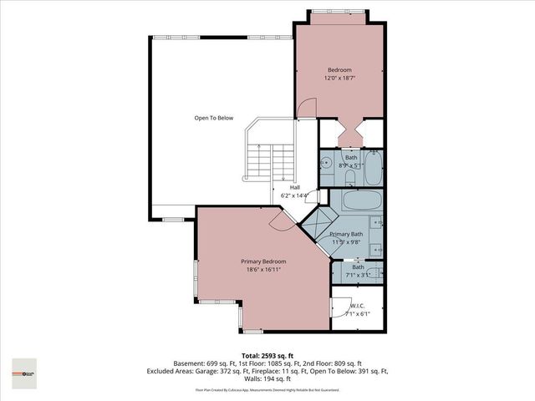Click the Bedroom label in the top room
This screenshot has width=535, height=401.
(339, 69)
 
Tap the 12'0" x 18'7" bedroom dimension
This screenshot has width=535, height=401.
(339, 78)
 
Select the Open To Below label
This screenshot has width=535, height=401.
(213, 118)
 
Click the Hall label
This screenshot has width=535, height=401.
(294, 187)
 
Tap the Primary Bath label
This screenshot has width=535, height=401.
(345, 235)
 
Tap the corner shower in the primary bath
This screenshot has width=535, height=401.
(316, 223)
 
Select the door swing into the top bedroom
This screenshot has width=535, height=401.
(308, 109)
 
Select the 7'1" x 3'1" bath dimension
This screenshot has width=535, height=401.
(358, 275)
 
